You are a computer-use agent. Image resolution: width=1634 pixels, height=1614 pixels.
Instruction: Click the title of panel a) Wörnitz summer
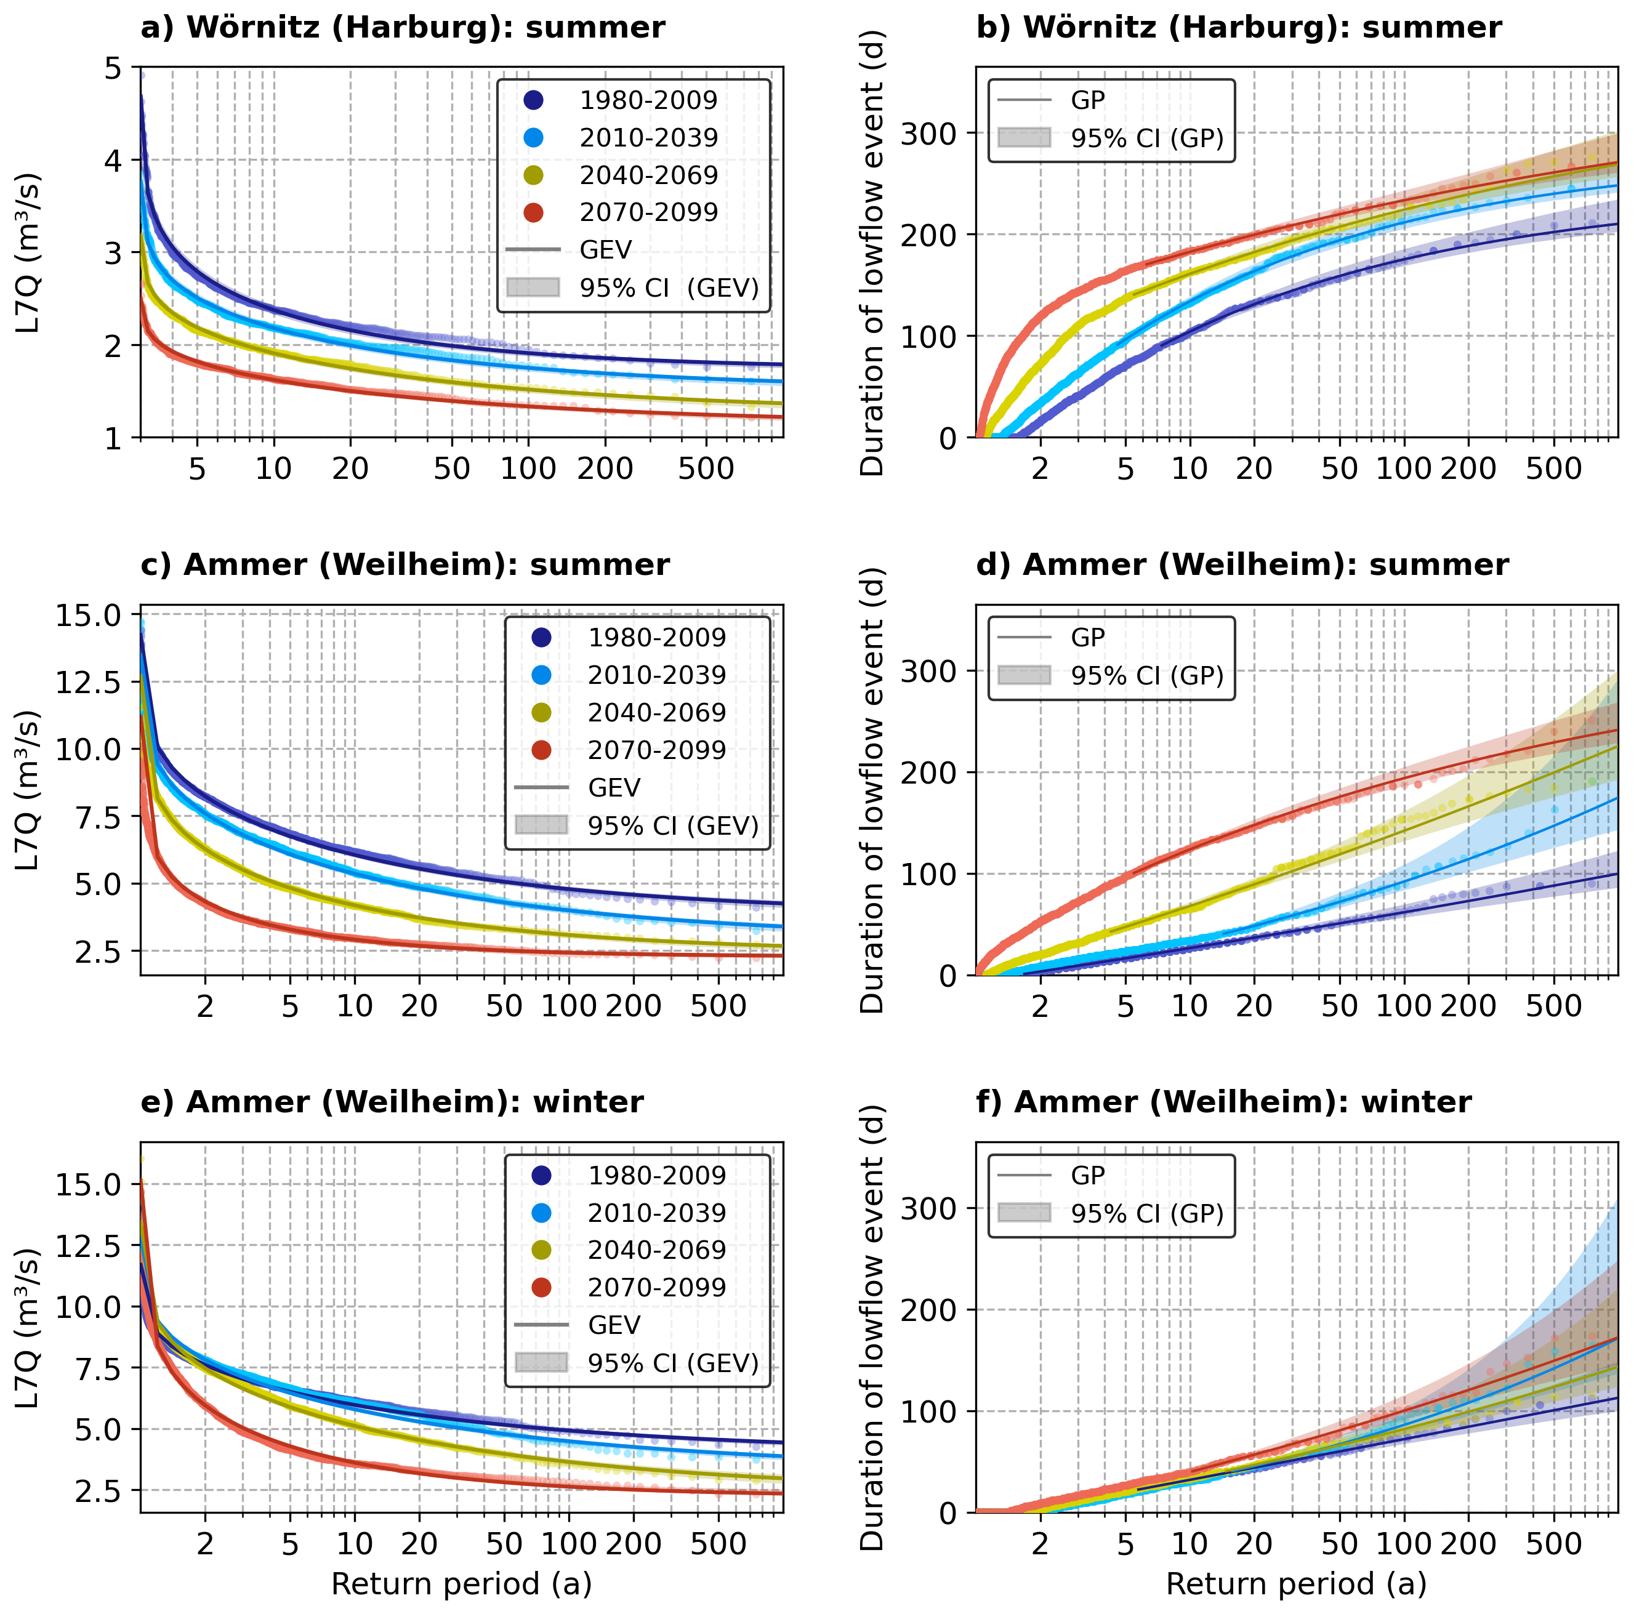(403, 28)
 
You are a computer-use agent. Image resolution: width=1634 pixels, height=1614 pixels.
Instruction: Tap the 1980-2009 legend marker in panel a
(533, 100)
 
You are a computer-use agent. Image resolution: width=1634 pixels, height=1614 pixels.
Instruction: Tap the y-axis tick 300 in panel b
(927, 134)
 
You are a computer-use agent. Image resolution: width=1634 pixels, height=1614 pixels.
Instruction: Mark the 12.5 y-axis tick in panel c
(89, 681)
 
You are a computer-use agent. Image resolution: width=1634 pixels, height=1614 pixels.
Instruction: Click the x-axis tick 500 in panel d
(1553, 1006)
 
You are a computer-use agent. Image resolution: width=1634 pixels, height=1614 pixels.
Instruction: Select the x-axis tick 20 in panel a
(350, 468)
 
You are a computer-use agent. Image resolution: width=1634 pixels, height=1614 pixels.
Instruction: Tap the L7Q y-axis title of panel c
(28, 790)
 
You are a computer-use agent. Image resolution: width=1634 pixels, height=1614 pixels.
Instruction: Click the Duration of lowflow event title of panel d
(872, 790)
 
